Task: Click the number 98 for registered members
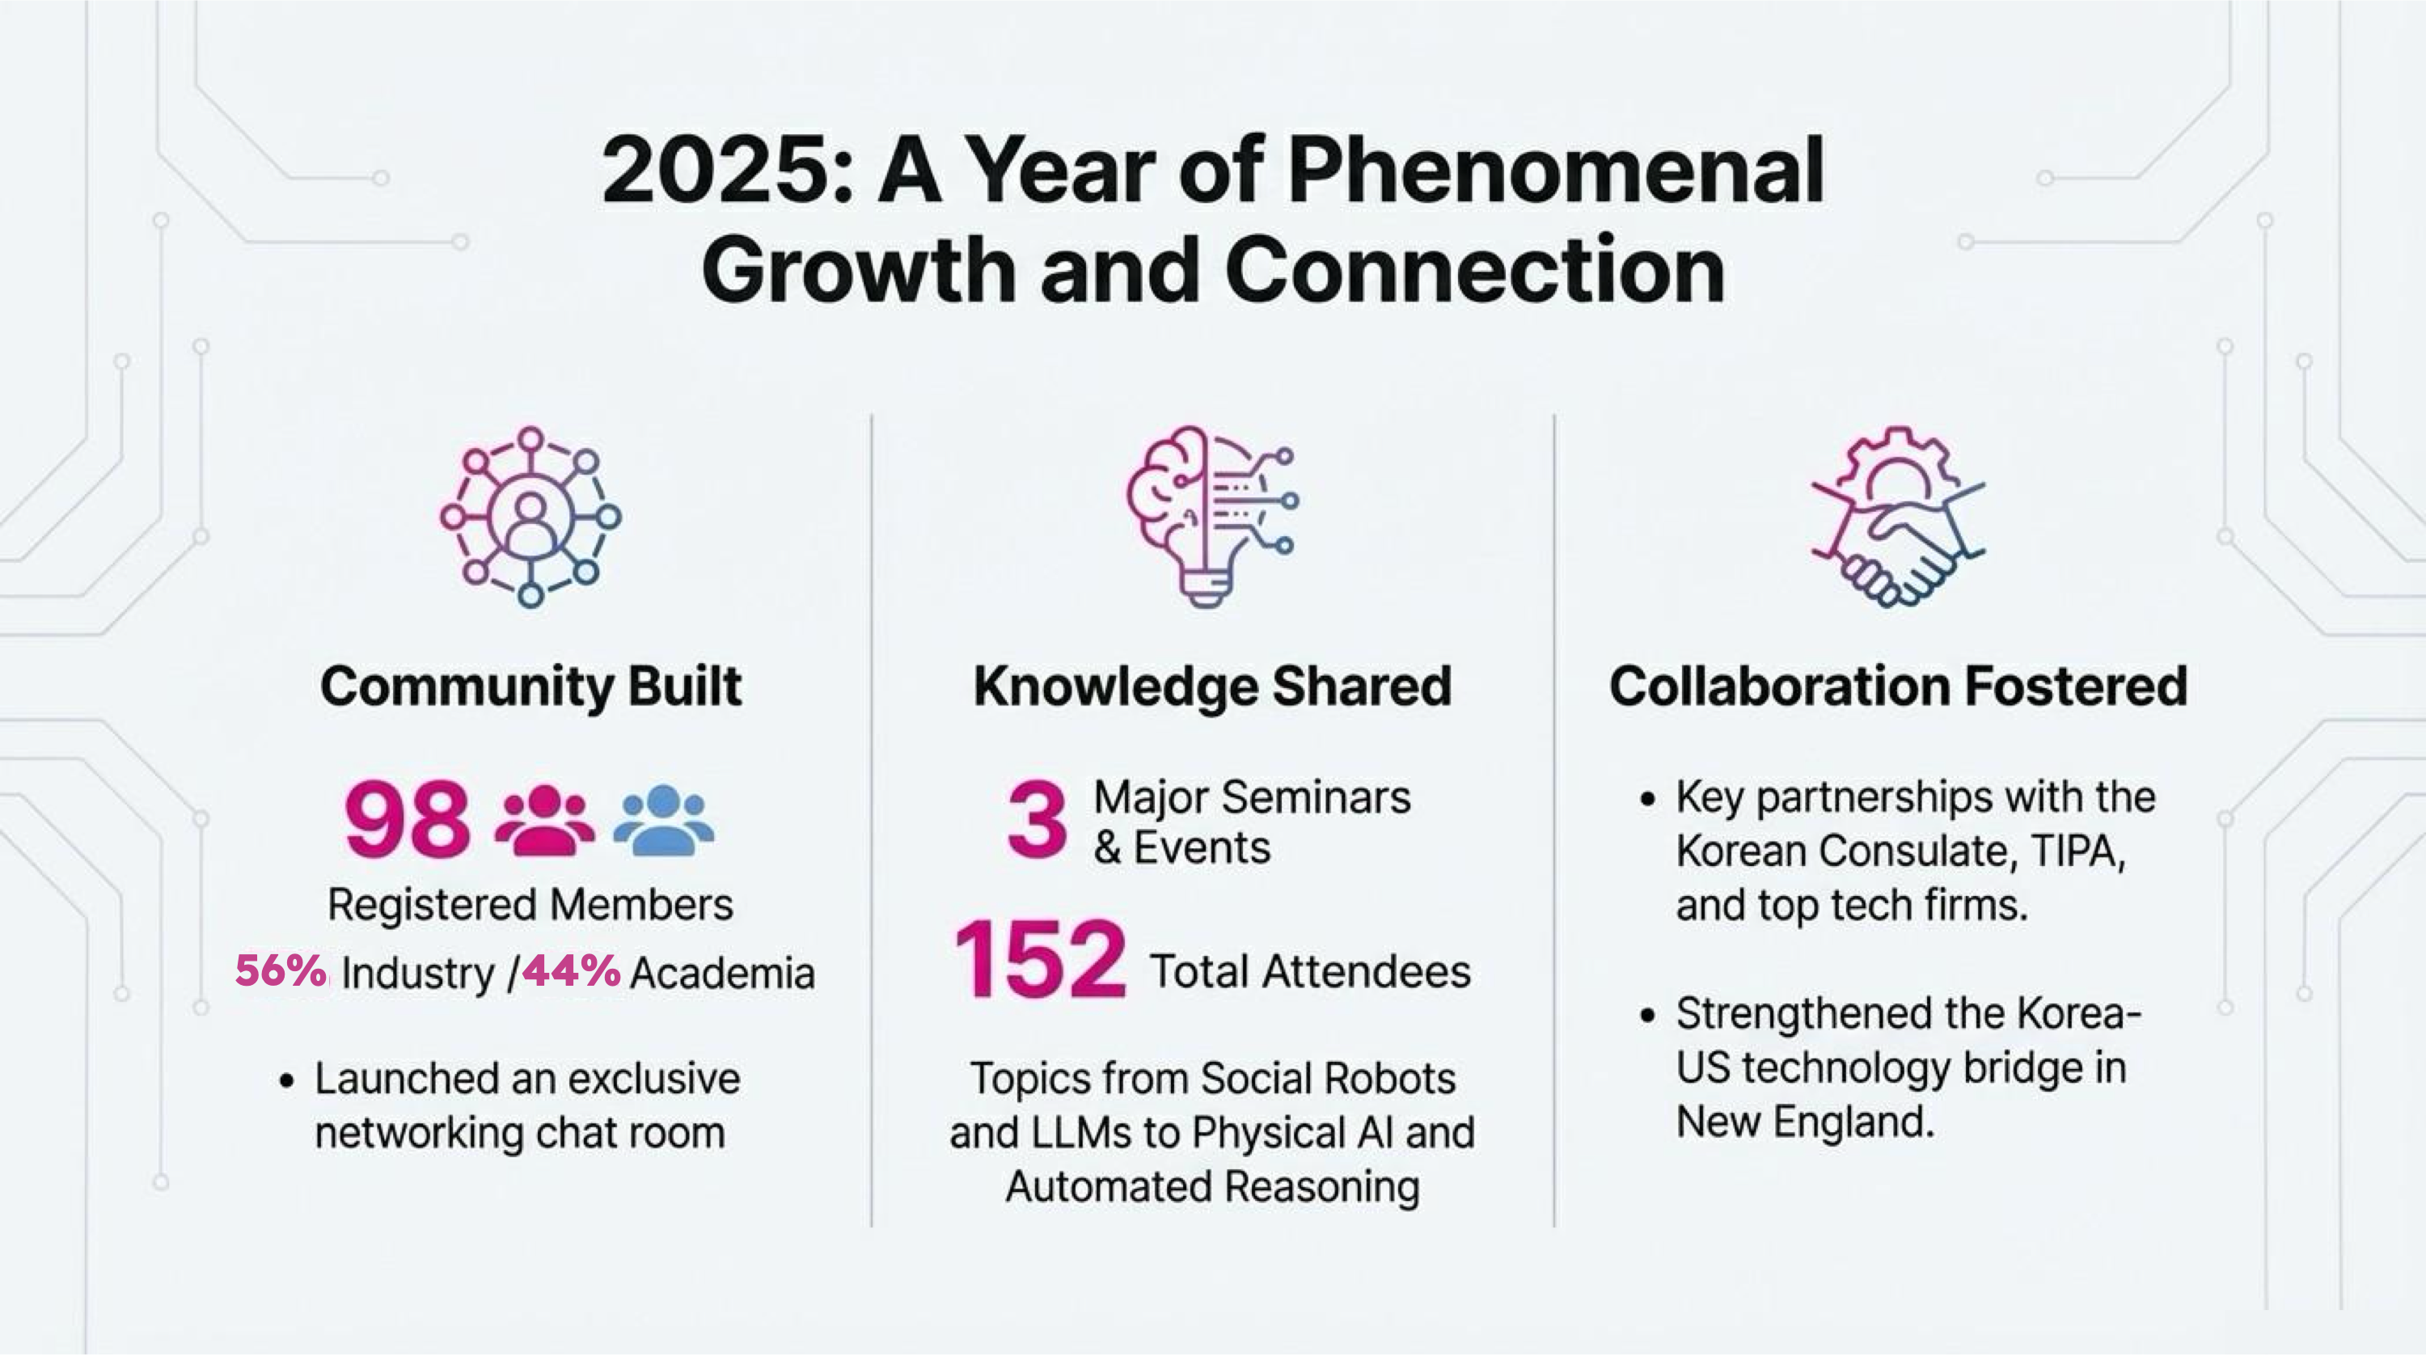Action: [407, 818]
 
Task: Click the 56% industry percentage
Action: [281, 970]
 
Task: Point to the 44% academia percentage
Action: [572, 970]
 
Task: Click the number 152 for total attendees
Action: [1040, 959]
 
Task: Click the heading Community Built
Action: [531, 687]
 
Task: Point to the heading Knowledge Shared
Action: [1212, 687]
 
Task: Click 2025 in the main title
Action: [716, 171]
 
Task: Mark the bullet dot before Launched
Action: [287, 1080]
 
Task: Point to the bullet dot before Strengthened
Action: [1647, 1016]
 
